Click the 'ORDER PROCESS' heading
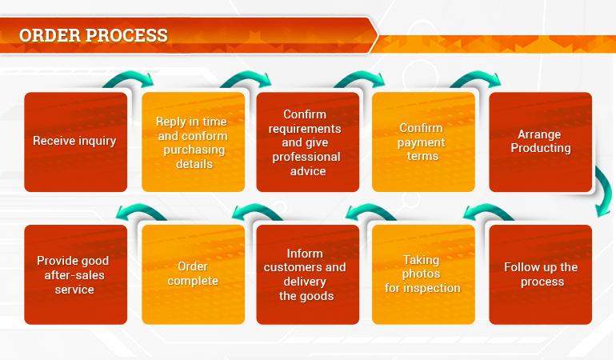point(93,35)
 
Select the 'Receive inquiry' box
point(76,142)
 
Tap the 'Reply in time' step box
point(194,142)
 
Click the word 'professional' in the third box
point(306,158)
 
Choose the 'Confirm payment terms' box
point(423,142)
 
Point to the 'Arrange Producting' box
point(541,142)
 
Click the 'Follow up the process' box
point(541,274)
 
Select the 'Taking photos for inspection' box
point(423,274)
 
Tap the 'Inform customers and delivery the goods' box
point(308,274)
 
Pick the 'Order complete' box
point(194,274)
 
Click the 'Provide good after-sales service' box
point(76,274)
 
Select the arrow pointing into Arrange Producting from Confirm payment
point(476,76)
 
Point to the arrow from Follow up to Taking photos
point(487,208)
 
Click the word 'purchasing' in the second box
point(194,150)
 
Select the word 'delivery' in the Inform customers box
point(305,282)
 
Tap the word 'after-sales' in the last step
point(74,275)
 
